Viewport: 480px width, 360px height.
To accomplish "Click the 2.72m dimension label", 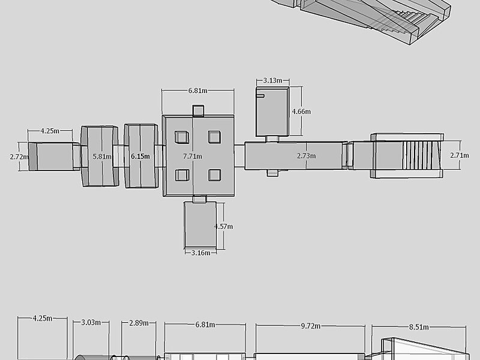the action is [19, 157].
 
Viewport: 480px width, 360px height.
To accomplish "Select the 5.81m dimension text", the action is [102, 157].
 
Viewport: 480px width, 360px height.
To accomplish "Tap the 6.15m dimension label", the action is [140, 157].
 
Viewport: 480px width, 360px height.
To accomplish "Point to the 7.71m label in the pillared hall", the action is [193, 157].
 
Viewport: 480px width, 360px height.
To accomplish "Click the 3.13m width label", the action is [273, 80].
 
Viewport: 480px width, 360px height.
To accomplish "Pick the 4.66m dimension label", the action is [301, 112].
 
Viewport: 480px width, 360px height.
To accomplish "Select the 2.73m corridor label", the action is [307, 156].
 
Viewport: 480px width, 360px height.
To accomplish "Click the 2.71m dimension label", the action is [460, 155].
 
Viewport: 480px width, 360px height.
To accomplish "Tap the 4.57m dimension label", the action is [223, 227].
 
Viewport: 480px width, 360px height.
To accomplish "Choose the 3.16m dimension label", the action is [201, 253].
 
